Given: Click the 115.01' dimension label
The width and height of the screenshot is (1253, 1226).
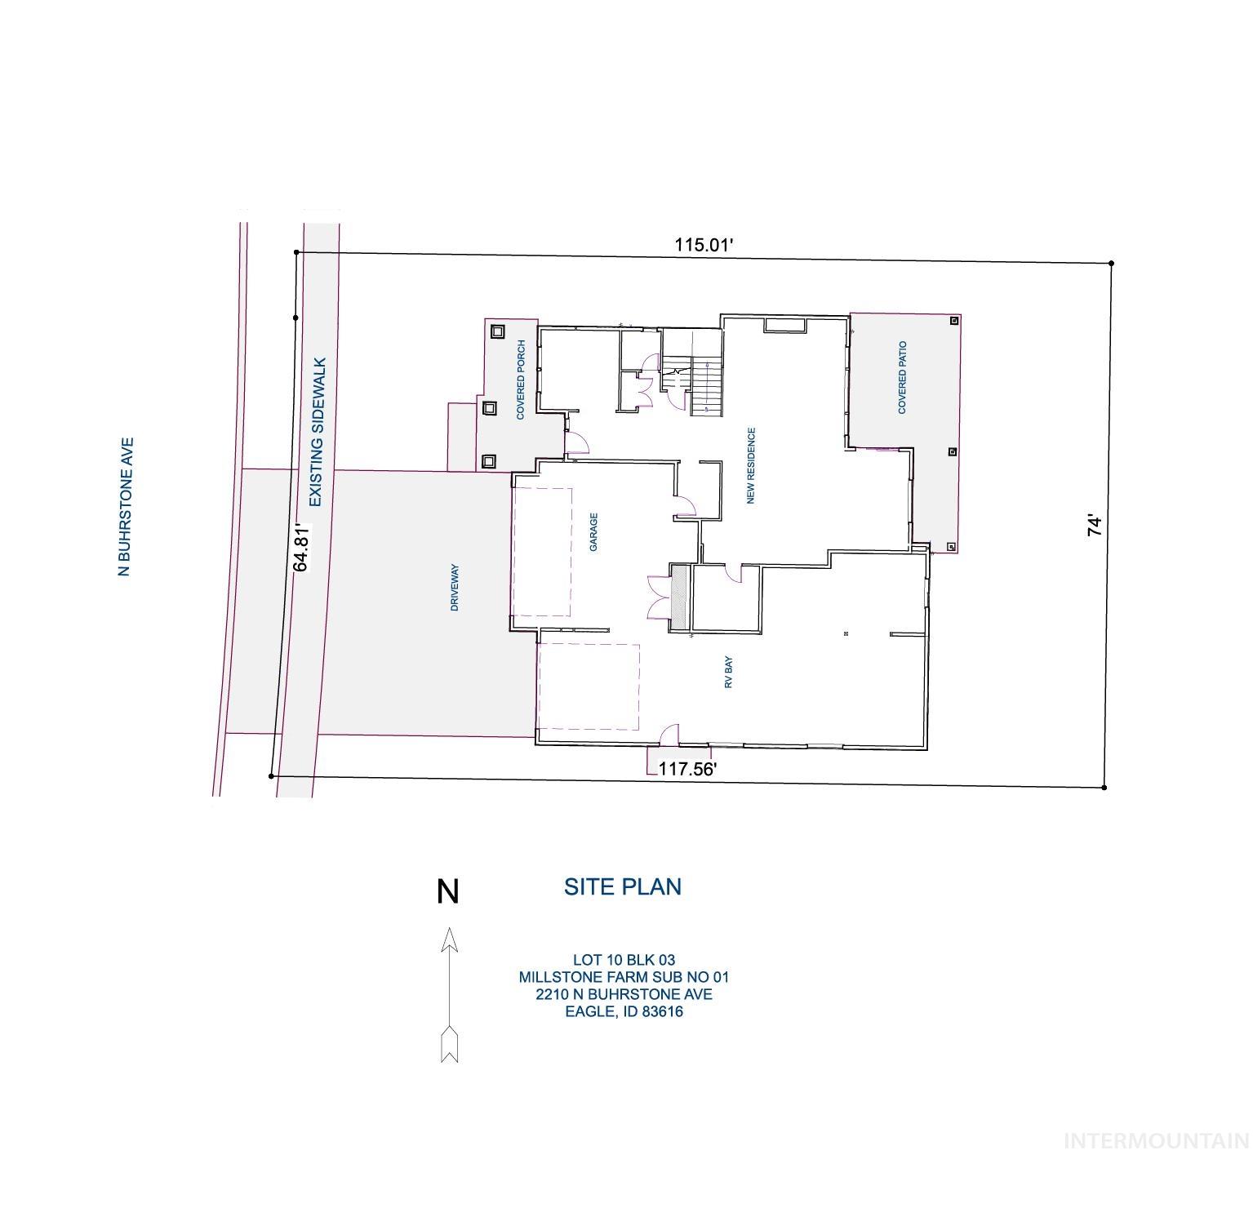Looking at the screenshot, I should point(705,244).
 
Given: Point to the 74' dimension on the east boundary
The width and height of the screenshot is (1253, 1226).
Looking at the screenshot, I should point(1095,525).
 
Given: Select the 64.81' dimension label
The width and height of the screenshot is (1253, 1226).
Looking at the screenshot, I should point(302,547).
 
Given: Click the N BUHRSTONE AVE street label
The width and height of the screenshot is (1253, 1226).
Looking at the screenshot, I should point(125,508).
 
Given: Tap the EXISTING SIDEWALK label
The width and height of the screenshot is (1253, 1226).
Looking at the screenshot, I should point(318,432).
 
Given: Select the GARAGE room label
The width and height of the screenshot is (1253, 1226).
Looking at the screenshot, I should point(594,532).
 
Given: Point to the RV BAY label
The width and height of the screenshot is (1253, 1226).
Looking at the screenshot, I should point(729,673).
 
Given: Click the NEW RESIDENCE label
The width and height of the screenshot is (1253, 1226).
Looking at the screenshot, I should point(751,465).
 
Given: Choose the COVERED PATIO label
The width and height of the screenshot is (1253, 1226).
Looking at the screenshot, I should point(902,377).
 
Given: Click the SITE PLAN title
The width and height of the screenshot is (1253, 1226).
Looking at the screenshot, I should point(623,886).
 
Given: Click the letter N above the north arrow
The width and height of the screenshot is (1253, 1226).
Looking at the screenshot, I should point(447,891).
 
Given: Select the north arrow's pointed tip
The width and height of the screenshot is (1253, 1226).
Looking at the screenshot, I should point(448,931).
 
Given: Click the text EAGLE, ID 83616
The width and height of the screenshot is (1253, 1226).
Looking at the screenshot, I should point(624,1012).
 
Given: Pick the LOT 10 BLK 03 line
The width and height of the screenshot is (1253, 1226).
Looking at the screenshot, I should point(624,960).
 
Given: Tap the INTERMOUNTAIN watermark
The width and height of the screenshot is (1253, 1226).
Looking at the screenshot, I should point(1156,1140).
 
